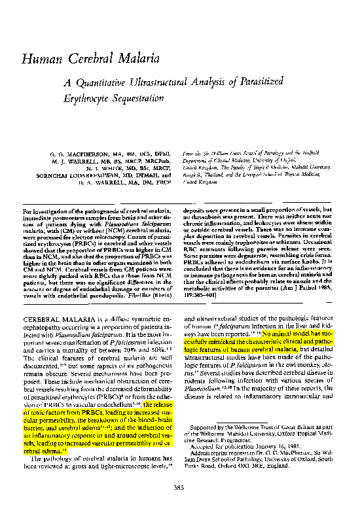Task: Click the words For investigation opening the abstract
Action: [x=46, y=215]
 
